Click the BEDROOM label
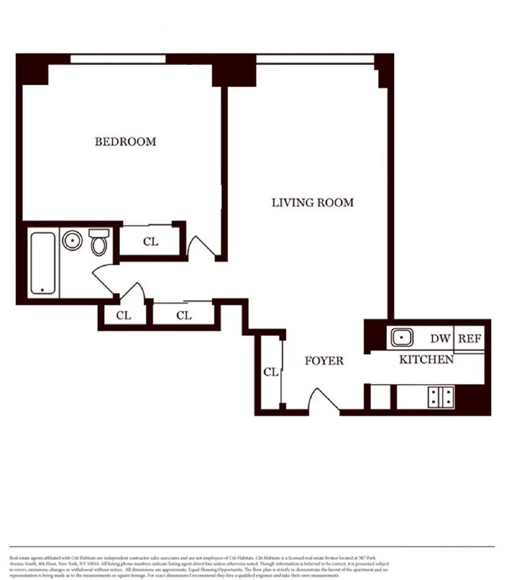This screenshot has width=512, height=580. pyautogui.click(x=125, y=142)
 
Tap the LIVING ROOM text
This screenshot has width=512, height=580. pyautogui.click(x=313, y=203)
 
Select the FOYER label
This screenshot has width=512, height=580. pyautogui.click(x=324, y=361)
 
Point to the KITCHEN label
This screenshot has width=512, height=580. pyautogui.click(x=426, y=360)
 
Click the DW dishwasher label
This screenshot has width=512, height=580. pyautogui.click(x=440, y=339)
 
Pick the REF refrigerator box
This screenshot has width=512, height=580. pyautogui.click(x=470, y=339)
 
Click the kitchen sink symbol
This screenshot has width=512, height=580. pyautogui.click(x=402, y=338)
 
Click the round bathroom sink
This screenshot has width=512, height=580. pyautogui.click(x=73, y=240)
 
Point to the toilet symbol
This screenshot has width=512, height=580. pyautogui.click(x=99, y=242)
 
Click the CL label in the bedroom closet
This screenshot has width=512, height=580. pyautogui.click(x=151, y=242)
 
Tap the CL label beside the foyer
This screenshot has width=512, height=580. pyautogui.click(x=271, y=372)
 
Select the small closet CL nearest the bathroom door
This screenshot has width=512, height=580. pyautogui.click(x=124, y=316)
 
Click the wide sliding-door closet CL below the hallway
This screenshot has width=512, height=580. pyautogui.click(x=184, y=316)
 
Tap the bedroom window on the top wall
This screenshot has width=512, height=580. pyautogui.click(x=118, y=59)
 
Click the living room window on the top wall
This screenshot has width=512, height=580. pyautogui.click(x=315, y=59)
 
